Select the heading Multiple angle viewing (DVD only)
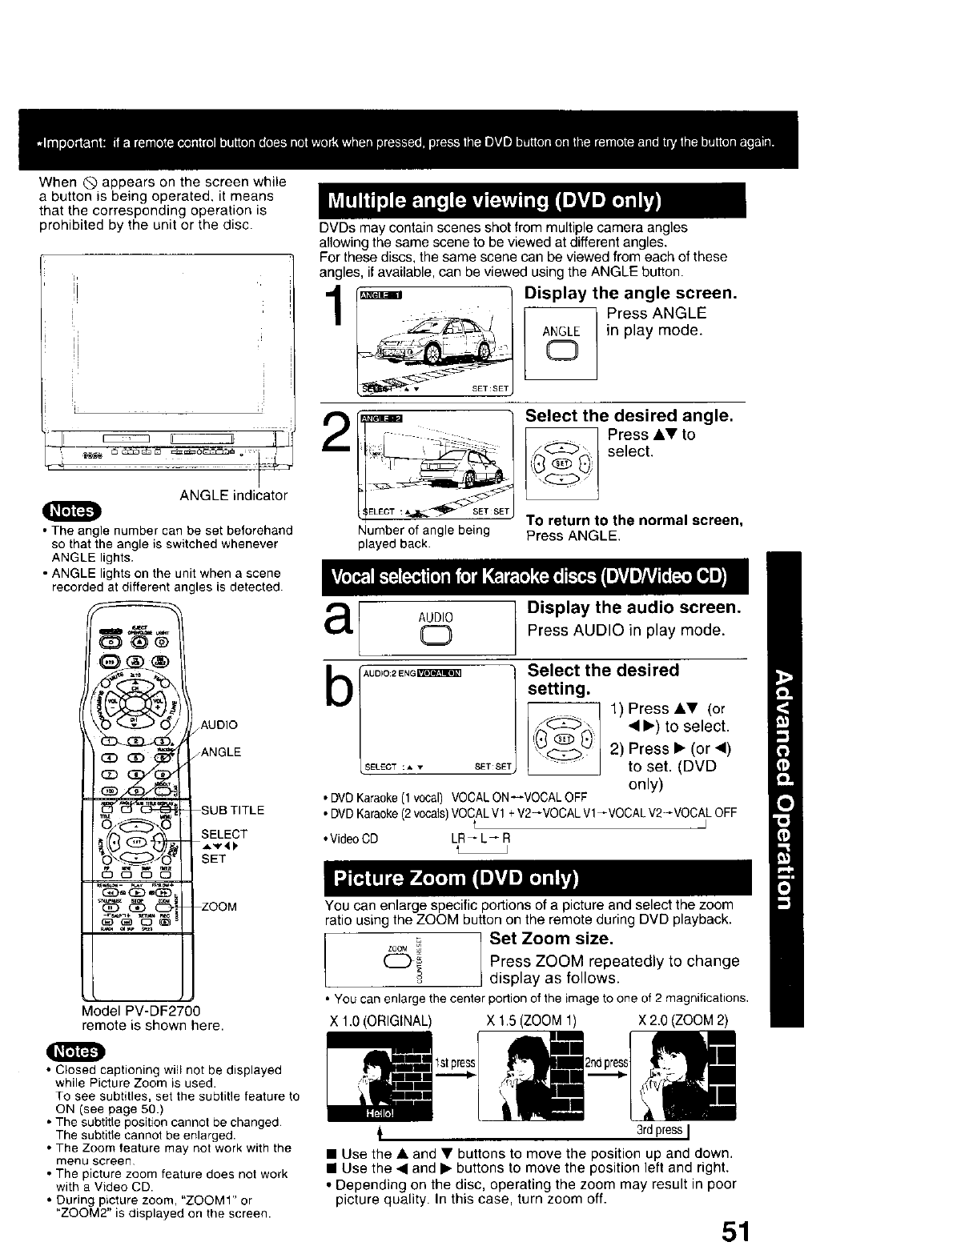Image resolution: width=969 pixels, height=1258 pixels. pyautogui.click(x=489, y=200)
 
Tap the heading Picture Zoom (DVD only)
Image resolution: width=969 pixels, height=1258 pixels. pyautogui.click(x=455, y=879)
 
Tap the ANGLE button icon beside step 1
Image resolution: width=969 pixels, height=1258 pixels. pyautogui.click(x=561, y=351)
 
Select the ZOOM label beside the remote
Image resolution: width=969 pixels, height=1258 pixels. pyautogui.click(x=219, y=907)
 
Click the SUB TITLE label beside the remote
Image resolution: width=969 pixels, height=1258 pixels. pyautogui.click(x=232, y=810)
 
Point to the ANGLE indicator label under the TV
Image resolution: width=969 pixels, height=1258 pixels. pyautogui.click(x=233, y=495)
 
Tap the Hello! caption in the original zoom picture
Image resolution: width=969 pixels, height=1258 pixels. pyautogui.click(x=359, y=1114)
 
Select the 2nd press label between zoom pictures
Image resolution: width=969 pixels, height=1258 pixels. pyautogui.click(x=605, y=1063)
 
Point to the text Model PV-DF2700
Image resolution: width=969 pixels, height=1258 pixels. pyautogui.click(x=141, y=1011)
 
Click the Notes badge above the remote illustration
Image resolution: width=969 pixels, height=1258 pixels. pyautogui.click(x=72, y=511)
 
